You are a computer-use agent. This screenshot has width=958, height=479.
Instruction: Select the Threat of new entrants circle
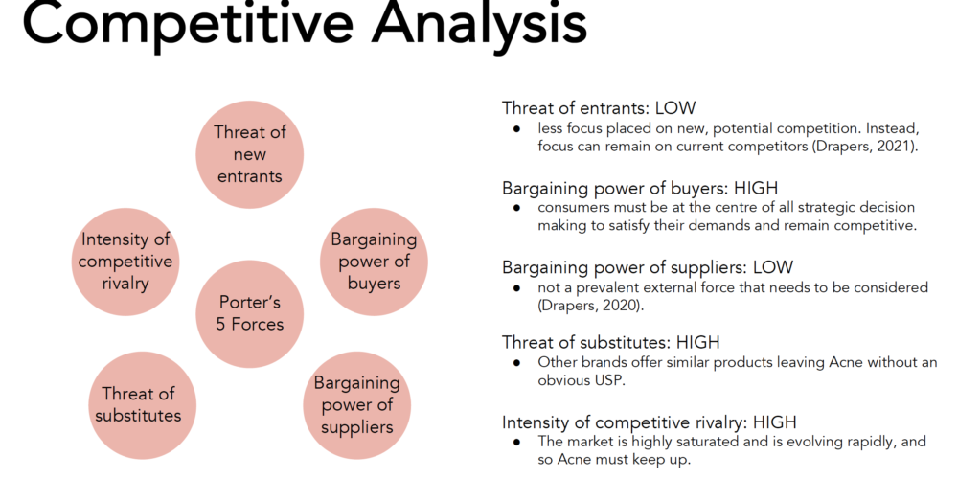point(249,154)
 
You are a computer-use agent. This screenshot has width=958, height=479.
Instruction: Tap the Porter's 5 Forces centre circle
point(249,313)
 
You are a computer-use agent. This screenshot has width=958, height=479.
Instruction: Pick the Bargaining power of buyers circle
point(374,262)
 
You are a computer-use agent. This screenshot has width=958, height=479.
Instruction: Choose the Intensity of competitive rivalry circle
point(125,262)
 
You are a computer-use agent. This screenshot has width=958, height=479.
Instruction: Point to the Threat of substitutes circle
point(142,404)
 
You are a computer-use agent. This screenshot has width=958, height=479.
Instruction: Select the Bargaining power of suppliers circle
point(356,404)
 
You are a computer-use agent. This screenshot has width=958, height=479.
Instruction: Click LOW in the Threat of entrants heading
point(675,108)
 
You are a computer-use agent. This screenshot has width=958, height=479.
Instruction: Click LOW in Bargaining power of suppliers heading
point(773,267)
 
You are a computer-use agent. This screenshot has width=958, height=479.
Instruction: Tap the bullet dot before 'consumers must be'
point(517,208)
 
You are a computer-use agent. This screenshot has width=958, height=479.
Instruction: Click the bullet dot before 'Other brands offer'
point(517,362)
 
